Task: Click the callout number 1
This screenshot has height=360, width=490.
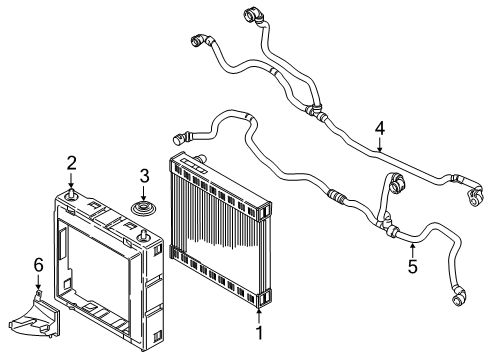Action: [259, 332]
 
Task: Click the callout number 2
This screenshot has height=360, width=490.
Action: [72, 164]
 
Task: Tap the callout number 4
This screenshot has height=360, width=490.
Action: [379, 128]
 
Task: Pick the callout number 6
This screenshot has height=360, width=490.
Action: [38, 264]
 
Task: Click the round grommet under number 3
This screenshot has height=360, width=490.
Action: [143, 207]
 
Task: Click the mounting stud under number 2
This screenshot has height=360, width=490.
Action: [72, 194]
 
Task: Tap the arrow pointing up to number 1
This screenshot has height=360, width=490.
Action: [259, 311]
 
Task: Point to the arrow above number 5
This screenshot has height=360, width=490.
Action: [412, 248]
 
